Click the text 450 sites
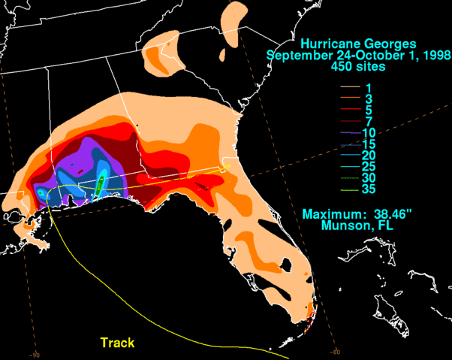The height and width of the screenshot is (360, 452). tap(356, 67)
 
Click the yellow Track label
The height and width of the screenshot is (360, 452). tap(117, 343)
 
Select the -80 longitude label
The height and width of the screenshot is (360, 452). tap(336, 349)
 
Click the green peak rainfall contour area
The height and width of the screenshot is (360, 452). tap(99, 183)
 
